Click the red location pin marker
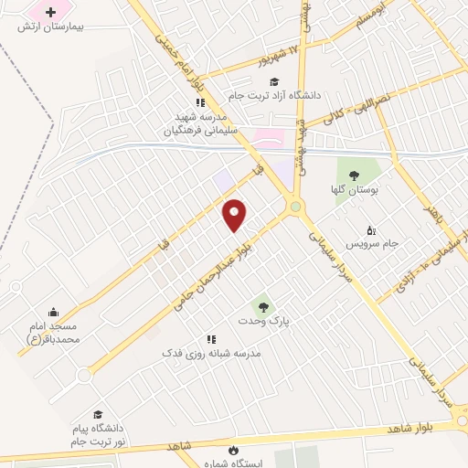(235, 214)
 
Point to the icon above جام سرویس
(370, 229)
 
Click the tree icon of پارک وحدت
(263, 306)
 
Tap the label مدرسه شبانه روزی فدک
(211, 353)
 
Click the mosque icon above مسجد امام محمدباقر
(53, 312)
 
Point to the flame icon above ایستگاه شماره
(234, 449)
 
